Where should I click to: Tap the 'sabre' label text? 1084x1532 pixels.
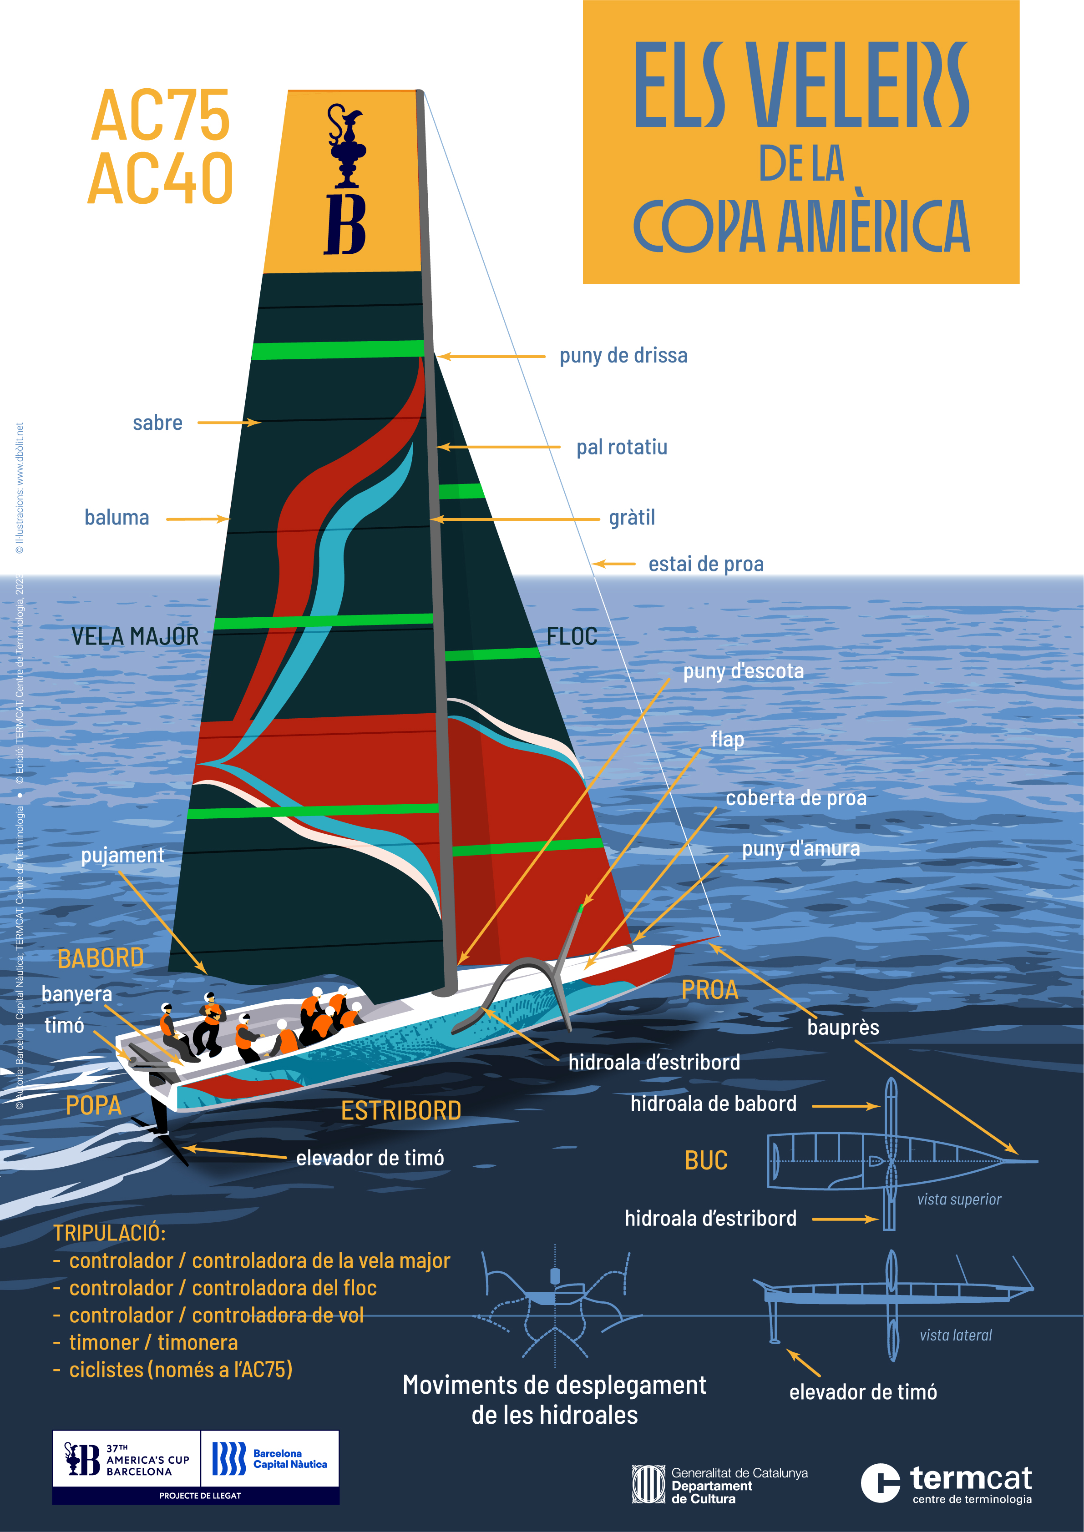(x=157, y=423)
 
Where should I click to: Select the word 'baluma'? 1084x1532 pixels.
(x=117, y=518)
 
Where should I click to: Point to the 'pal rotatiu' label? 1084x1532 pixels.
(x=622, y=447)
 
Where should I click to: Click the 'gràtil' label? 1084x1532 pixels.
(x=632, y=518)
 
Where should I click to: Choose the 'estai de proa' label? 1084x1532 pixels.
(x=705, y=564)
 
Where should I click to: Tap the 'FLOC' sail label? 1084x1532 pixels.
(x=572, y=636)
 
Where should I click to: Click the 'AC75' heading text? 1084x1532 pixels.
(x=161, y=116)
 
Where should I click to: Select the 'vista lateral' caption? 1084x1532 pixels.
(x=955, y=1335)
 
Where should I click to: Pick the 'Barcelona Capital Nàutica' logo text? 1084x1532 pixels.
(x=290, y=1459)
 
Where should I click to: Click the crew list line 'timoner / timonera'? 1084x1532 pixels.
(x=153, y=1342)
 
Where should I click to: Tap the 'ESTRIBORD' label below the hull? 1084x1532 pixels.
(x=401, y=1111)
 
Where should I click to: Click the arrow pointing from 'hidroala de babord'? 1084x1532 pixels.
(x=845, y=1106)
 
